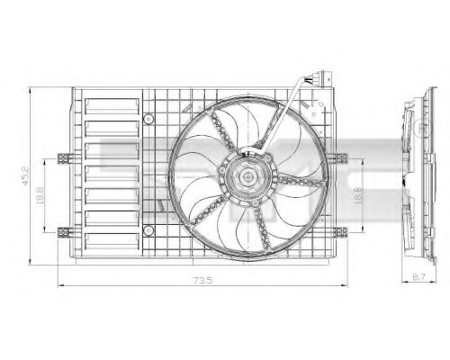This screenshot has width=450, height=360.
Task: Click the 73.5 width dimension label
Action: (x=202, y=281)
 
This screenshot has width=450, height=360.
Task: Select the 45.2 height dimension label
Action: (x=25, y=175)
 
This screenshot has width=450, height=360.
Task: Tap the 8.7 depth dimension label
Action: (x=418, y=277)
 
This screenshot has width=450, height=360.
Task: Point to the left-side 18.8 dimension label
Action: (x=40, y=195)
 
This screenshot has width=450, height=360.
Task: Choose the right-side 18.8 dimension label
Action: (x=358, y=195)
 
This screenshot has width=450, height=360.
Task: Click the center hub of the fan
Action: (x=247, y=176)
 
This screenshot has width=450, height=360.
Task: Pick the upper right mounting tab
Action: (x=339, y=157)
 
